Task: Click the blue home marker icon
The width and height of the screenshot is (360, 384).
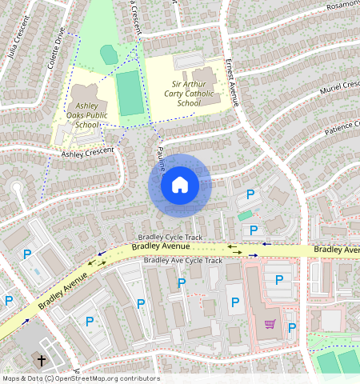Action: [x=180, y=185]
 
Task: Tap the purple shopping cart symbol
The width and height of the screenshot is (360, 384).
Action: [x=270, y=324]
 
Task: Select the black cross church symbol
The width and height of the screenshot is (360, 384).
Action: [x=40, y=359]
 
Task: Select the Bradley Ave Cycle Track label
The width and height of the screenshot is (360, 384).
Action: [x=182, y=261]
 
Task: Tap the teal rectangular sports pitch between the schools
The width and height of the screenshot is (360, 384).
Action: [x=128, y=93]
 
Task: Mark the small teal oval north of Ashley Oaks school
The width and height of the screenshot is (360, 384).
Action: [x=109, y=55]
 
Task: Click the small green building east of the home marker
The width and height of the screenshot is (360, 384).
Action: [x=244, y=216]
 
